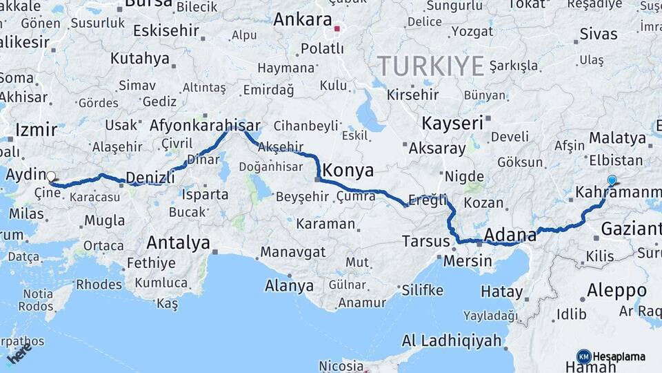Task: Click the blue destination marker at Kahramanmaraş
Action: [612, 180]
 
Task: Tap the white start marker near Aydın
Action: [51, 176]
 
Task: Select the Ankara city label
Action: [303, 19]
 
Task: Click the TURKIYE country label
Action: [430, 66]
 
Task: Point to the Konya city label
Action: [348, 171]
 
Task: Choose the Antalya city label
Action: [178, 242]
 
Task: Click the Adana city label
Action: [510, 234]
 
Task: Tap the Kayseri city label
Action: [452, 124]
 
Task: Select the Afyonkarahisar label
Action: [205, 126]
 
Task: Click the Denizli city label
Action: [150, 178]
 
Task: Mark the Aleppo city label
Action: [616, 290]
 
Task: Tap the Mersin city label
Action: [468, 261]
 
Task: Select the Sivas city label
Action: [598, 34]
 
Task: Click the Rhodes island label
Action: [99, 284]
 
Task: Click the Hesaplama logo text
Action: [619, 357]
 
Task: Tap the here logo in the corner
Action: [19, 353]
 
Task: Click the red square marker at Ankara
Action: [337, 29]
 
